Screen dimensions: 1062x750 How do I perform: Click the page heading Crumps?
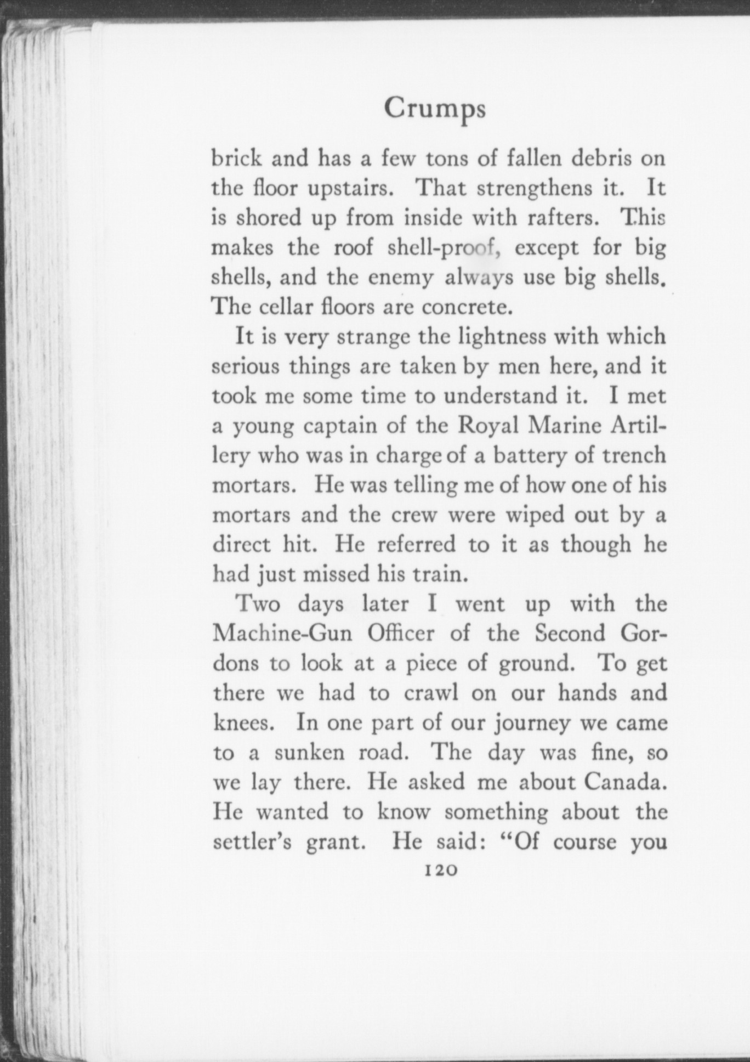tap(434, 109)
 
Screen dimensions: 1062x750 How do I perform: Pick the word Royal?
tap(488, 426)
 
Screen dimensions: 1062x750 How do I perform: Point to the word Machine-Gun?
tap(283, 634)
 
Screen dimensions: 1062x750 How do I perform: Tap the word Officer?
tap(401, 634)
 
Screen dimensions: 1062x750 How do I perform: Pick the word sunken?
tap(310, 753)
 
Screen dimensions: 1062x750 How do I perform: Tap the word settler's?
tap(252, 841)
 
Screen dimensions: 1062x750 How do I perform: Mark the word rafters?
tap(559, 218)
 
